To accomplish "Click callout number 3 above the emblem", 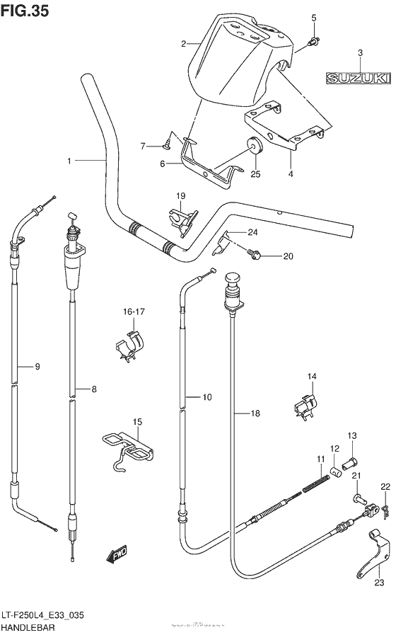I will click(359, 53).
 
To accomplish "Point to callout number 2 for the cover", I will click(184, 44).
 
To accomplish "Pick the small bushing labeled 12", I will click(339, 471).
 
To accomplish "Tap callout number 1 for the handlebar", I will click(70, 161).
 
